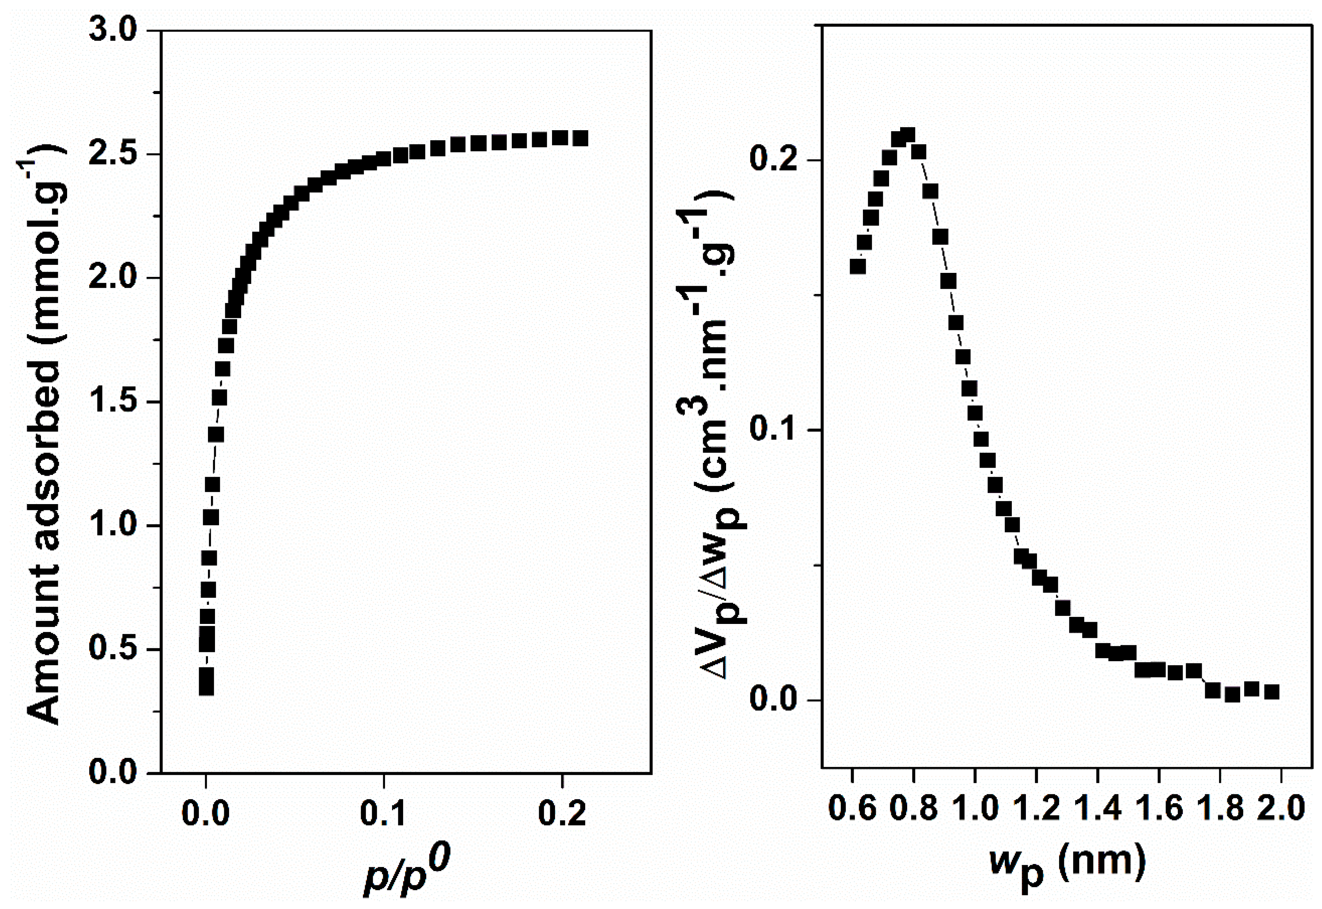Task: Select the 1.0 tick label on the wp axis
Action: pyautogui.click(x=975, y=809)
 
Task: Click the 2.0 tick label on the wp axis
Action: pyautogui.click(x=1281, y=809)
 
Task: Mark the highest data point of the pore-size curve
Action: pyautogui.click(x=908, y=136)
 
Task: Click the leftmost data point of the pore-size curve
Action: pyautogui.click(x=858, y=267)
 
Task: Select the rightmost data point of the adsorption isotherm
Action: pyautogui.click(x=580, y=138)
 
